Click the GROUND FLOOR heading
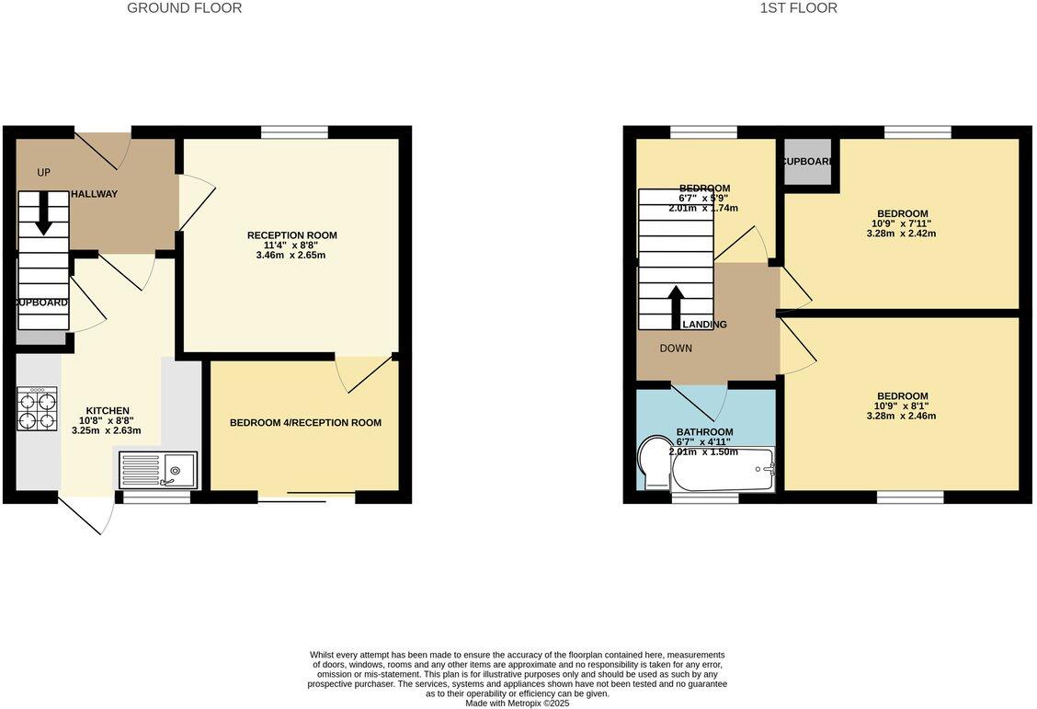184,8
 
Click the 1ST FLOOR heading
798,8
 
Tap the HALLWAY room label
96,194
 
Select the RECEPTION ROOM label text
291,235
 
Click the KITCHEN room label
108,410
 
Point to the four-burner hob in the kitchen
37,409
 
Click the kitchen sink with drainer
157,469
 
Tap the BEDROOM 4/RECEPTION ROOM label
305,423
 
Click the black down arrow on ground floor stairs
43,217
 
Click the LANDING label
704,325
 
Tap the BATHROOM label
704,432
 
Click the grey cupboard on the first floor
807,162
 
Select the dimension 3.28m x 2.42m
901,234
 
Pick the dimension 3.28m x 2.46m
901,416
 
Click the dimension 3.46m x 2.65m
291,255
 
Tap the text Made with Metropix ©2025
518,703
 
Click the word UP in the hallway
43,172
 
